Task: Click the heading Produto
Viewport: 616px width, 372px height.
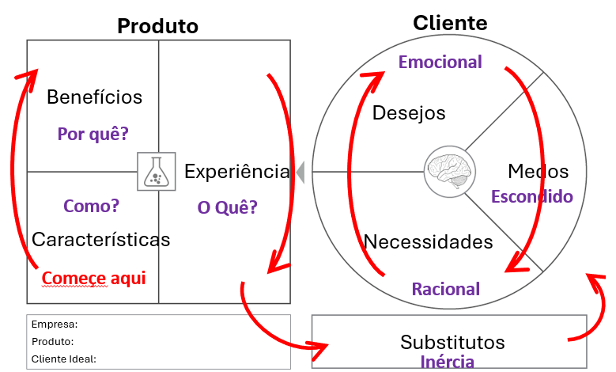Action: point(157,26)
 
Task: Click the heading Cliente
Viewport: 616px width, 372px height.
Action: point(450,23)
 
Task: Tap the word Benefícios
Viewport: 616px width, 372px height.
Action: point(94,97)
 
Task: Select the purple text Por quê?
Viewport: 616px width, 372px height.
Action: point(93,134)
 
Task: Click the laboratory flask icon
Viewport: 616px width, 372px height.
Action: point(157,172)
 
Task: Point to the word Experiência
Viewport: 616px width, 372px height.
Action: point(237,172)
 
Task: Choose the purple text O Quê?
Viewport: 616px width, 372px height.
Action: point(227,207)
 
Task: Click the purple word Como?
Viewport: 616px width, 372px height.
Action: point(91,206)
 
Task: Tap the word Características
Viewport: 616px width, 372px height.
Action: point(100,240)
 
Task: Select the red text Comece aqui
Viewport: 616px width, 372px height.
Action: point(93,278)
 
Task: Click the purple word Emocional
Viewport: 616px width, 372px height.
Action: point(440,62)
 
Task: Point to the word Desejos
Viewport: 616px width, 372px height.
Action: point(409,113)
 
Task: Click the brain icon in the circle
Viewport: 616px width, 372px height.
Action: point(450,172)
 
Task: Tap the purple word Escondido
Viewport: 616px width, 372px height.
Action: point(532,196)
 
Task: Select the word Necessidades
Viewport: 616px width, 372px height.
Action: point(429,241)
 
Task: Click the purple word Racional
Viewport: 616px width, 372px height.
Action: point(446,289)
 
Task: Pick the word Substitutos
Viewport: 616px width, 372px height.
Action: point(452,342)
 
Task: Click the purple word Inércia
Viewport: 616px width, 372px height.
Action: point(447,362)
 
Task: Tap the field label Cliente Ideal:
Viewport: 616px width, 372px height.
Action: point(63,359)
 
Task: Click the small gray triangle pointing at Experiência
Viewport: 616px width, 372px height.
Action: point(300,172)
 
